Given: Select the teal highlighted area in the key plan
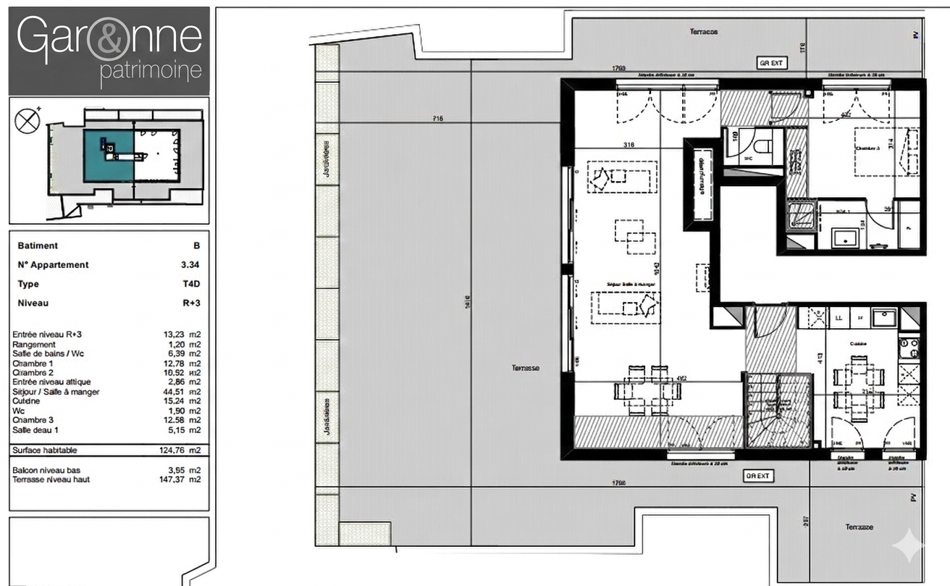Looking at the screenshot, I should [109, 155].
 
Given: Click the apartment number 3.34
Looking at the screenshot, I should [190, 265].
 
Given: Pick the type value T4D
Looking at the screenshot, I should [191, 284].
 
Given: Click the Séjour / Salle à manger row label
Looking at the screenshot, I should [56, 392].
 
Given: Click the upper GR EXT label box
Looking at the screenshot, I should [771, 63].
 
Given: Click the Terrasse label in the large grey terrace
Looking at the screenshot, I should [525, 368].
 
